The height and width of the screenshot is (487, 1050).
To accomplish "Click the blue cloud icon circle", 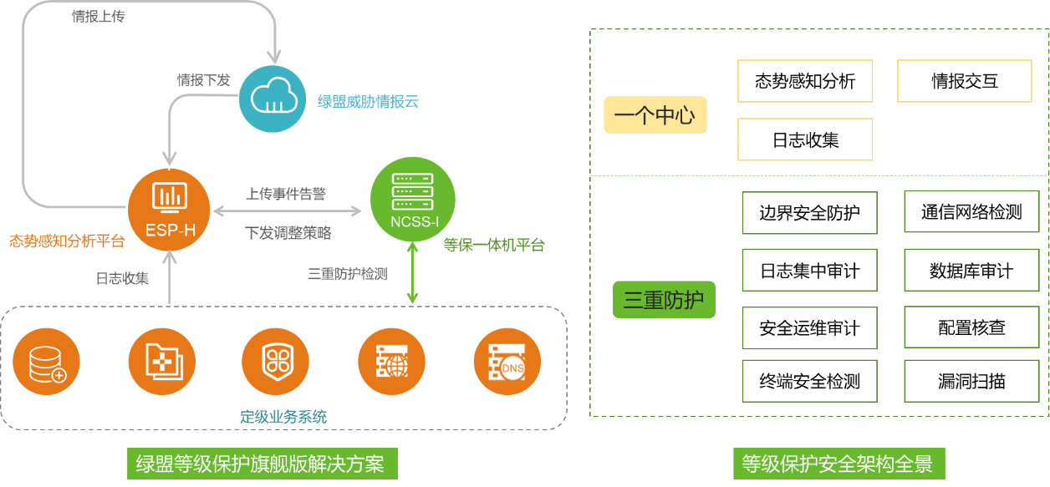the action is pyautogui.click(x=273, y=99).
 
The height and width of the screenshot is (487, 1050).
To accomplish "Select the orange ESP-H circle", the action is pyautogui.click(x=169, y=210).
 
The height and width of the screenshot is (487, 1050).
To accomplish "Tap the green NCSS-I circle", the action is pyautogui.click(x=412, y=199).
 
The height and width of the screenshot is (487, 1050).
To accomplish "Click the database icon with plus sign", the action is pyautogui.click(x=46, y=362).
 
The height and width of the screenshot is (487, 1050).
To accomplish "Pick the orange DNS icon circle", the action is pyautogui.click(x=507, y=362).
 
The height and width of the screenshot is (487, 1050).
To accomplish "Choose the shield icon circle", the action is pyautogui.click(x=276, y=362).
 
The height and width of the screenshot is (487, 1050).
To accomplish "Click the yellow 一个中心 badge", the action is pyautogui.click(x=655, y=114).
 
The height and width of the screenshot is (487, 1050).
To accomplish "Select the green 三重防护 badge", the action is pyautogui.click(x=665, y=300).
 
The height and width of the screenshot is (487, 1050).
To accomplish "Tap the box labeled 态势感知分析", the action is pyautogui.click(x=805, y=81).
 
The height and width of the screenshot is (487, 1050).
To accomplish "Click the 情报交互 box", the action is pyautogui.click(x=965, y=81).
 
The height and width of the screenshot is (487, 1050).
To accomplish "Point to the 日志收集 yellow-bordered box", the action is pyautogui.click(x=805, y=140).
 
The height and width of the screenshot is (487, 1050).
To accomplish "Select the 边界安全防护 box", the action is pyautogui.click(x=810, y=213).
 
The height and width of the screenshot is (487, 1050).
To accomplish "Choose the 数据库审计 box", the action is pyautogui.click(x=972, y=270).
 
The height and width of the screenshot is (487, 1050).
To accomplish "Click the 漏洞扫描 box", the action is pyautogui.click(x=972, y=381).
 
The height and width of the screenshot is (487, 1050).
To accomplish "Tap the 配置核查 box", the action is pyautogui.click(x=972, y=327).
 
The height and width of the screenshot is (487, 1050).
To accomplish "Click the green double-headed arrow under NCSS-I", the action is pyautogui.click(x=412, y=272).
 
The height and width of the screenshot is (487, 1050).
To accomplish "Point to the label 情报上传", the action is pyautogui.click(x=99, y=17).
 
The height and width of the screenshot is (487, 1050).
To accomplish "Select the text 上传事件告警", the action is pyautogui.click(x=286, y=194).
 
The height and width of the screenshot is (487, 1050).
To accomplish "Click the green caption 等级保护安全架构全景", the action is pyautogui.click(x=839, y=464).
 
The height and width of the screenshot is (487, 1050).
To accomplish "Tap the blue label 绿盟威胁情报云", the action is pyautogui.click(x=368, y=102).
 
